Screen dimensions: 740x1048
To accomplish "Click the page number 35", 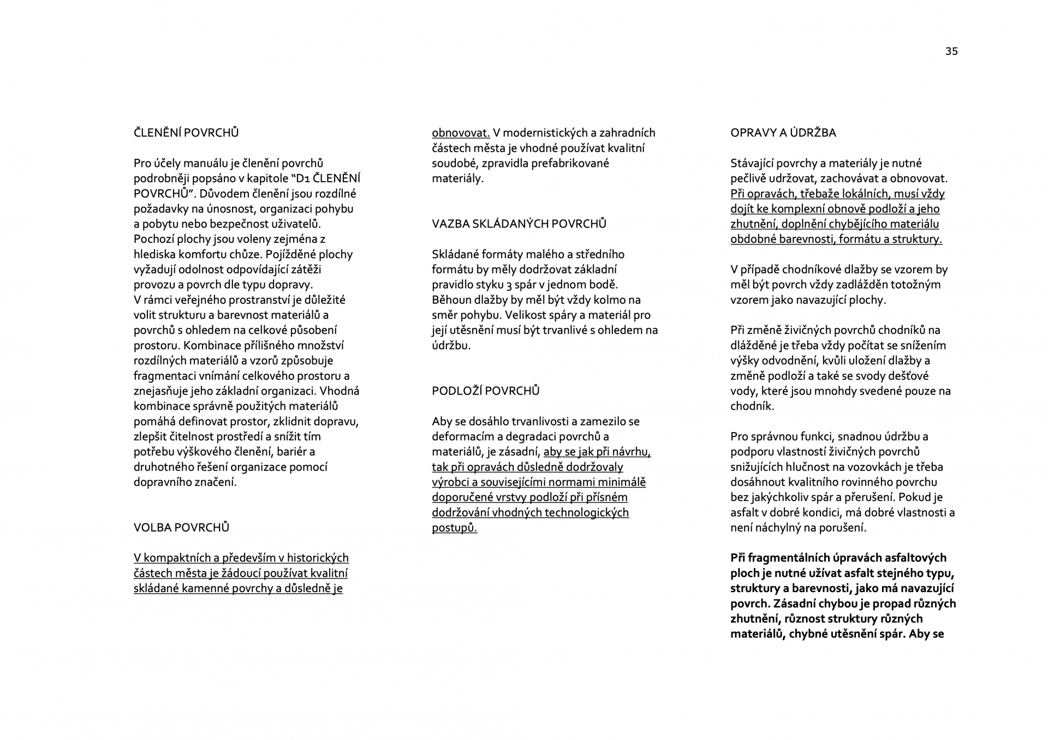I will point(951,51).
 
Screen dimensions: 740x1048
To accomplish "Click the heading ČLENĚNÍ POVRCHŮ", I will point(186,133).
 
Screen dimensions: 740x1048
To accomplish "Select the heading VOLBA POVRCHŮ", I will point(181,527).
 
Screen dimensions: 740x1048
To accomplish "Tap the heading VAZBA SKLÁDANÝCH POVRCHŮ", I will point(519,224).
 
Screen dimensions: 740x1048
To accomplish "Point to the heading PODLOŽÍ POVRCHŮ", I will point(485,391).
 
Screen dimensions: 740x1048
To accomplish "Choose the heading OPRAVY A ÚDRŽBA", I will point(783,133).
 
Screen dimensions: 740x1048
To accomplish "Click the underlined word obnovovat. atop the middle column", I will point(461,133).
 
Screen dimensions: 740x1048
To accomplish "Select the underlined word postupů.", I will point(454,528).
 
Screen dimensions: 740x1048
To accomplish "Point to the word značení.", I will point(216,482).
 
